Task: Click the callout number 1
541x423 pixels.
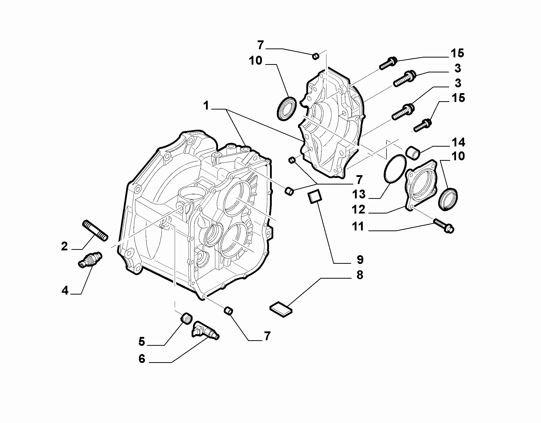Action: [206, 106]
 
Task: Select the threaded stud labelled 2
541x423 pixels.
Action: [95, 230]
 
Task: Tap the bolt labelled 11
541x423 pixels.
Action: [444, 226]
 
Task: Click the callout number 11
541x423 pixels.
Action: [358, 226]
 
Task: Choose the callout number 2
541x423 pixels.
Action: [65, 246]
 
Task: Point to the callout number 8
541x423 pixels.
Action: [360, 275]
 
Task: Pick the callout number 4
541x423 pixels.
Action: [65, 291]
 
